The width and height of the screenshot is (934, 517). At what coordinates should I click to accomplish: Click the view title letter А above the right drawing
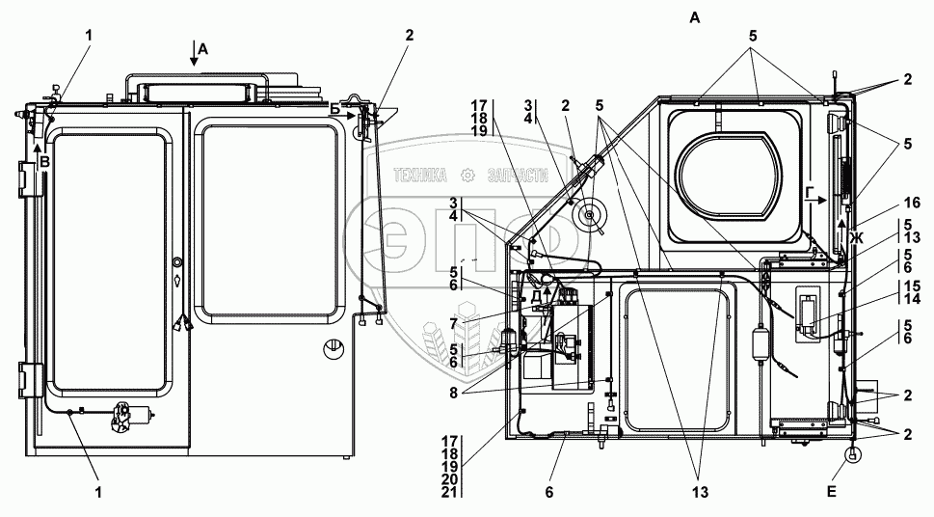[695, 16]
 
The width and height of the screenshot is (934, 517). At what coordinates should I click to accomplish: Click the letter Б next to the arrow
[334, 108]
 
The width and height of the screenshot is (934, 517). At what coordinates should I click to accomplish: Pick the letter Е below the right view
[834, 492]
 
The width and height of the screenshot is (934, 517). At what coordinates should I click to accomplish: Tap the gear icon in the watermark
[468, 175]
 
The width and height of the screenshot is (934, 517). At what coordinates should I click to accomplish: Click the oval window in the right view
[730, 171]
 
